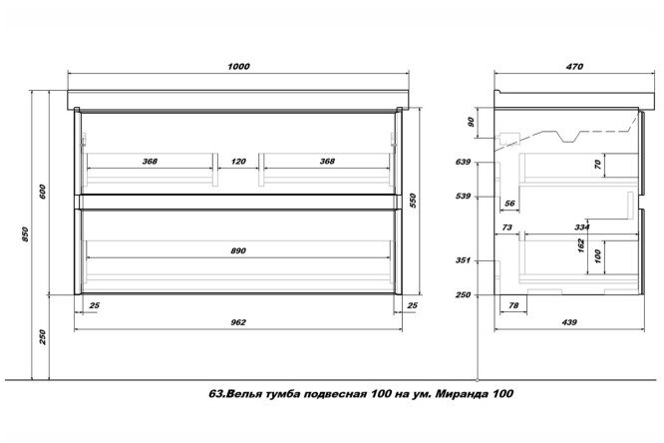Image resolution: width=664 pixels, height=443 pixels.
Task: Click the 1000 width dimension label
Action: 238,67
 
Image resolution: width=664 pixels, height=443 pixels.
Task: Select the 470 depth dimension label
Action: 574,67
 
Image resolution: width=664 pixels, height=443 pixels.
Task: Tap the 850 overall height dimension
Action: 25,234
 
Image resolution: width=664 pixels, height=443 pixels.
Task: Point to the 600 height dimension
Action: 42,192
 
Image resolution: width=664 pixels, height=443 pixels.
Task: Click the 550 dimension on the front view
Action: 413,201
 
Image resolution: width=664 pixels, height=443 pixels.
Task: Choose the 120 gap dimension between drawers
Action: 238,162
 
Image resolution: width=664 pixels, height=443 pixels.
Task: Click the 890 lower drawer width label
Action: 238,251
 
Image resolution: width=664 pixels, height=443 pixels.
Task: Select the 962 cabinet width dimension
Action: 238,322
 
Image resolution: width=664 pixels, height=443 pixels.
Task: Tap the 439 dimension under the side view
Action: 569,322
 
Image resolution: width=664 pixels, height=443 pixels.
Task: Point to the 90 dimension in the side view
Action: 471,122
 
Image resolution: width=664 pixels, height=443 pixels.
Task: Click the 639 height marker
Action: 463,162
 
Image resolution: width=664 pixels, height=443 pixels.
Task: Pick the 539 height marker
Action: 463,197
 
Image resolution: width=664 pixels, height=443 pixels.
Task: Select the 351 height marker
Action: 463,260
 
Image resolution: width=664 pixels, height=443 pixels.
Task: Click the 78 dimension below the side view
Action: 513,305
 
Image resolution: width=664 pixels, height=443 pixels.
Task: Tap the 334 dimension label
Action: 582,227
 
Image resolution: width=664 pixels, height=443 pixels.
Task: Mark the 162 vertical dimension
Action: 581,245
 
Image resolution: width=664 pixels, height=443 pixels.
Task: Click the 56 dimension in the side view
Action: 509,204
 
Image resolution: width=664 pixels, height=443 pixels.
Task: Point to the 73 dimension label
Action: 506,227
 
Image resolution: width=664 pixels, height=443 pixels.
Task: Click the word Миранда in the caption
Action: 463,394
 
